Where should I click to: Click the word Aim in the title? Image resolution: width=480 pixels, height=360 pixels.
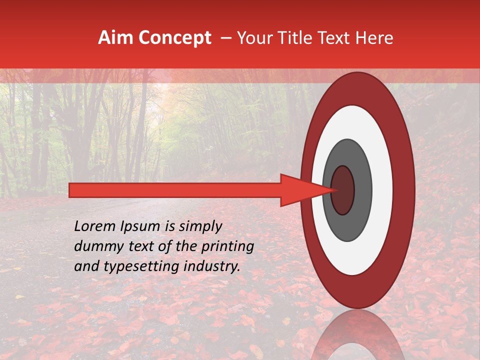click(x=116, y=38)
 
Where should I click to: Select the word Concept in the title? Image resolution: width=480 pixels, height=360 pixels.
click(x=175, y=38)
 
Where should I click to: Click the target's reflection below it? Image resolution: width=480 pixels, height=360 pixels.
click(x=357, y=335)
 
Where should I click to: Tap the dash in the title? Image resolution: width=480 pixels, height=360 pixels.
click(x=225, y=38)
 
